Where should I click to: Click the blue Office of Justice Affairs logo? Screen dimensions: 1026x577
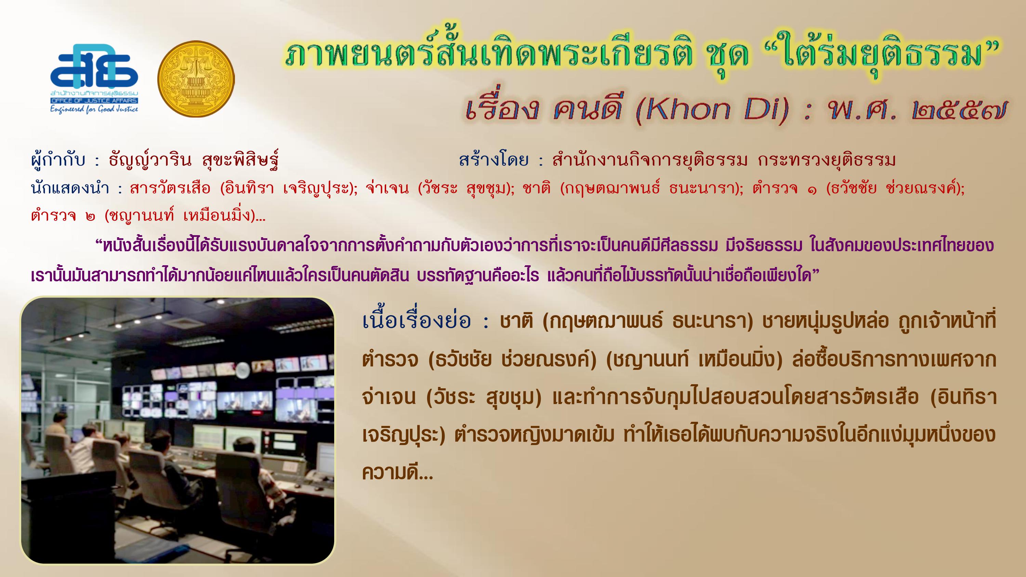coord(94,78)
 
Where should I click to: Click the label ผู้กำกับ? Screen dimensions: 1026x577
coord(58,160)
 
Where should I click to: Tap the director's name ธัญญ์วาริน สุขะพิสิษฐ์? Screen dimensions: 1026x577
coord(193,160)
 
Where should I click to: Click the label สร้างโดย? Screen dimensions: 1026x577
coord(494,160)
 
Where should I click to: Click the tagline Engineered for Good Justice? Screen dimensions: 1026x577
coord(94,109)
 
